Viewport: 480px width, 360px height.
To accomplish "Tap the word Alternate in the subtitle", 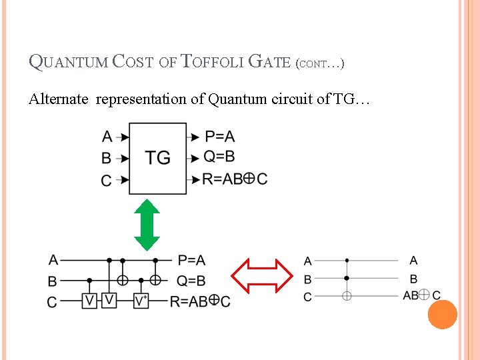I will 58,99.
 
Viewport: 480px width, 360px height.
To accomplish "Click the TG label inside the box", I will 158,158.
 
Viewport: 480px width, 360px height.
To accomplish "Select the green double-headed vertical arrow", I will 147,225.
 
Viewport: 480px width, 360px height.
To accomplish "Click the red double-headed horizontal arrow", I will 262,276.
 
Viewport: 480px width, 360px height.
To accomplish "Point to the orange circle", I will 443,315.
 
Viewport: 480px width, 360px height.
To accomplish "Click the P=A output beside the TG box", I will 219,137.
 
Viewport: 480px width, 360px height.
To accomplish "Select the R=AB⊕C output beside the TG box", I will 235,179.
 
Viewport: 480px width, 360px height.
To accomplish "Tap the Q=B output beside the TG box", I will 220,157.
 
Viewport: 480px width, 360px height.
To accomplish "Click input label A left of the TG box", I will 107,137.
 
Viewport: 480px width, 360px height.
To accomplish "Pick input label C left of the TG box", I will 107,181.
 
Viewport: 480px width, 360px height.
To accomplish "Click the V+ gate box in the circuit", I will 141,301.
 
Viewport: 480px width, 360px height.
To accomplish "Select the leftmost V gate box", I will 89,301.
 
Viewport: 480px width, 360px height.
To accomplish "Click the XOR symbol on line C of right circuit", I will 347,295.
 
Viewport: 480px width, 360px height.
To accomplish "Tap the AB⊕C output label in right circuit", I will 421,295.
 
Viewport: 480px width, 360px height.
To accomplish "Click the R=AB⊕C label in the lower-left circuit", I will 200,302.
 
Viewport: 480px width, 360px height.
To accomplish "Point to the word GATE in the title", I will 269,63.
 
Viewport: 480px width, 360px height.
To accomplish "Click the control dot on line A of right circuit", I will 347,261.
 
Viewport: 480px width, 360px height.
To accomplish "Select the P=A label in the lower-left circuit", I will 191,260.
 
